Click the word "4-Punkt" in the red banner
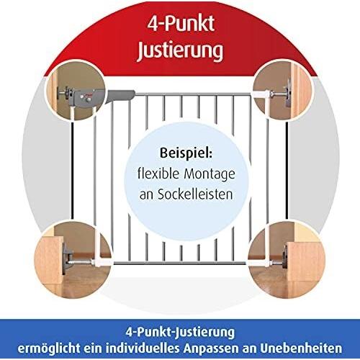pos(181,24)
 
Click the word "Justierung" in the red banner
pos(180,51)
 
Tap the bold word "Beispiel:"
pos(186,153)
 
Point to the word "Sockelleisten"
pos(186,194)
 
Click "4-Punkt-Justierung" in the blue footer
pos(180,333)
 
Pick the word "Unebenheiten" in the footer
pos(303,348)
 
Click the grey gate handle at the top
pos(120,95)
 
